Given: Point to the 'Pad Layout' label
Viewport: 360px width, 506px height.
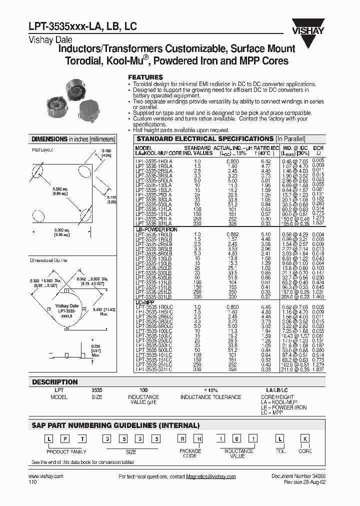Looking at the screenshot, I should coord(42,149).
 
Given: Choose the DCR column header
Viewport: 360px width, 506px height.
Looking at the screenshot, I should coord(318,148).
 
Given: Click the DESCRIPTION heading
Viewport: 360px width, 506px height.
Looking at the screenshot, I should coord(55,382).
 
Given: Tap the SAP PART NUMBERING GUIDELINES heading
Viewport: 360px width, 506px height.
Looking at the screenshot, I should coord(115,425).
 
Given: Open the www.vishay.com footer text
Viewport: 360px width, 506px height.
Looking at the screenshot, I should coord(46,477).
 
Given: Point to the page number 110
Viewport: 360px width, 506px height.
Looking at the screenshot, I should coord(32,483).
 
